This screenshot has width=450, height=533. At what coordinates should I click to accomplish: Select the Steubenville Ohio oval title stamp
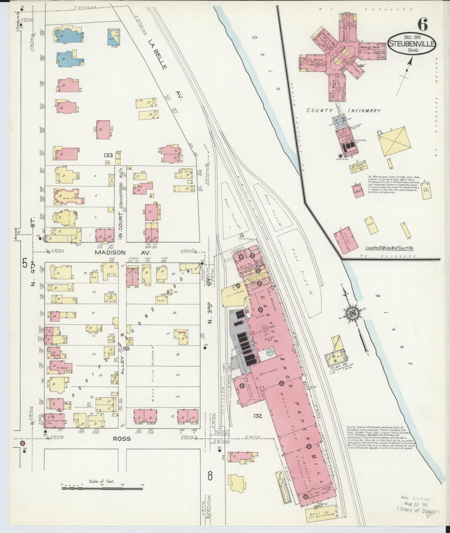pyautogui.click(x=412, y=46)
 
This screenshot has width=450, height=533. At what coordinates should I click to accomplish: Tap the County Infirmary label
pyautogui.click(x=344, y=110)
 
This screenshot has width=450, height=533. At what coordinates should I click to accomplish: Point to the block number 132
pyautogui.click(x=258, y=416)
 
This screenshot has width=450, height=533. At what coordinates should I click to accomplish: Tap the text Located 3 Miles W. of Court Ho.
pyautogui.click(x=391, y=248)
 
